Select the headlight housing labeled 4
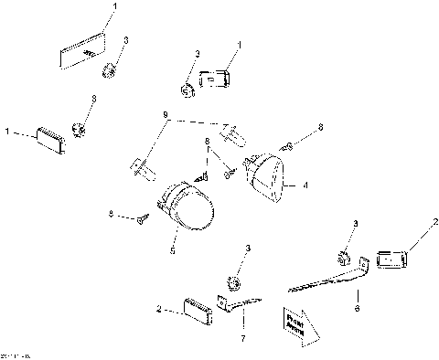[x=269, y=177]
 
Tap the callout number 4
[x=306, y=185]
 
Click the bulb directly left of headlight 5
[x=140, y=169]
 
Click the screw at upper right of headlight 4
[x=287, y=144]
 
